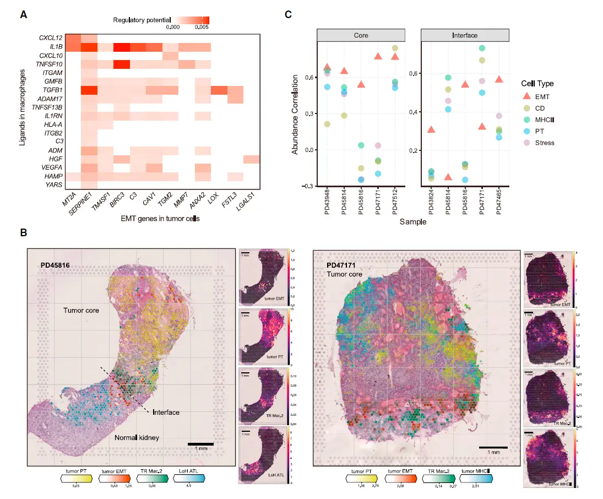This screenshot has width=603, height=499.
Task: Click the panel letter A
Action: point(24,15)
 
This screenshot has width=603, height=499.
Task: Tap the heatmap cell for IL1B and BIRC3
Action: point(122,47)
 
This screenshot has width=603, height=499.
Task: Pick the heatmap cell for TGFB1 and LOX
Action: point(219,90)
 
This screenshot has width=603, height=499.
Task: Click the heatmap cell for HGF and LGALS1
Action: point(252,159)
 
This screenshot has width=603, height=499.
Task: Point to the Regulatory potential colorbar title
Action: point(142,20)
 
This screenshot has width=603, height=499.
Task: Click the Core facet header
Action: point(361,35)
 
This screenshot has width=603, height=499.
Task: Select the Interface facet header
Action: point(465,35)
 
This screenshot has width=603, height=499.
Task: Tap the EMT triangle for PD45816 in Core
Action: point(361,84)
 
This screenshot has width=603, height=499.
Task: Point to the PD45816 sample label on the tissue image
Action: point(58,265)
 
